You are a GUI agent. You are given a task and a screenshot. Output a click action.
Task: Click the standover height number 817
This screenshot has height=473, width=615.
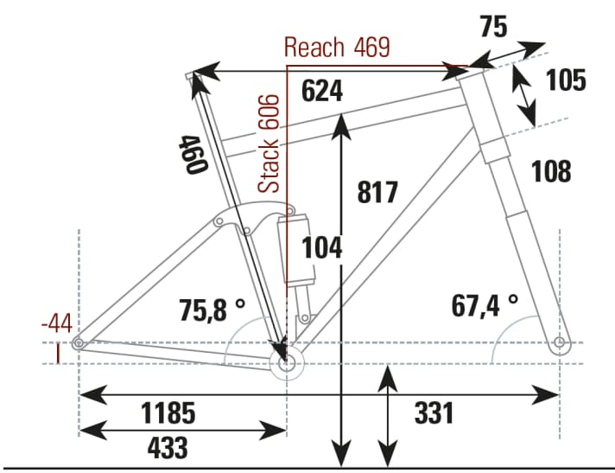click(x=377, y=191)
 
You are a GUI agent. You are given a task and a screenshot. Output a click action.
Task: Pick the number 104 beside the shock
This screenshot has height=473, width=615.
click(x=321, y=248)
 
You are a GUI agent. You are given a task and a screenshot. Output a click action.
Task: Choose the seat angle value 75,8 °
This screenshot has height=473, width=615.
click(x=212, y=309)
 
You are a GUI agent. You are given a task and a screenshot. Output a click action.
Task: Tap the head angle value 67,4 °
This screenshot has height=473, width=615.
click(x=484, y=304)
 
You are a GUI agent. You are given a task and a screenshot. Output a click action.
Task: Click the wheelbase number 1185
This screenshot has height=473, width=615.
click(x=168, y=412)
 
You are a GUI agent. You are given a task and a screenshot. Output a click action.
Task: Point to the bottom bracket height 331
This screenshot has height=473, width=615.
click(x=433, y=412)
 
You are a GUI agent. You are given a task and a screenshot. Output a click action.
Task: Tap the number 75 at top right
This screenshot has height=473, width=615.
click(x=492, y=27)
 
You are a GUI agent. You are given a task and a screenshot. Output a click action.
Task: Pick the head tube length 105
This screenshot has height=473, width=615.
click(x=567, y=80)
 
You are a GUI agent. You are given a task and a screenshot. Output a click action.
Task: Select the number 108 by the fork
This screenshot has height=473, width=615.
click(x=550, y=172)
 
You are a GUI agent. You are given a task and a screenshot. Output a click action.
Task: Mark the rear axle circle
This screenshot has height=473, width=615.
click(x=79, y=344)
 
